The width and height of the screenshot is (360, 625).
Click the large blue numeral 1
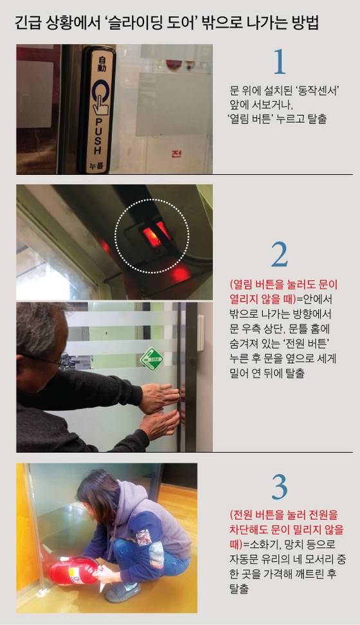click(x=279, y=63)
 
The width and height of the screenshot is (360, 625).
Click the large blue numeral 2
click(x=279, y=255)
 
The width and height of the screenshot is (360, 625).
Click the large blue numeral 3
click(x=279, y=487)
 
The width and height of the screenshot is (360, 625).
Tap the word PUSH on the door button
click(x=98, y=136)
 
